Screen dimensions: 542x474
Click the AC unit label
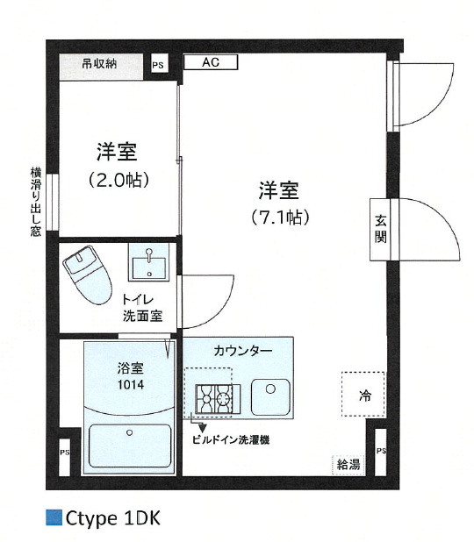(210, 62)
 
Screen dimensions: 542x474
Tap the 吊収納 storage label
(99, 64)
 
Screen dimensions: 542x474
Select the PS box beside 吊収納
(158, 65)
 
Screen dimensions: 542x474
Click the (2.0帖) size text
(117, 180)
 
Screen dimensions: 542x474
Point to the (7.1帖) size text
(280, 217)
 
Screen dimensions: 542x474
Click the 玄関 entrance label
(381, 229)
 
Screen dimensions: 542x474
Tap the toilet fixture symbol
(88, 272)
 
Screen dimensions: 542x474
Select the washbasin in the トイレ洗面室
(150, 262)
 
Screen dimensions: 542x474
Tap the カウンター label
(243, 351)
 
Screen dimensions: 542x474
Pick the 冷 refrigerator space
(363, 396)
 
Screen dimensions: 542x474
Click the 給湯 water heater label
(348, 464)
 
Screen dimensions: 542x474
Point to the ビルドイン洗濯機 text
(231, 440)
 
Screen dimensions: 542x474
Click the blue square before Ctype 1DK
(53, 518)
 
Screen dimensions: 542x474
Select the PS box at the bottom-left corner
(64, 453)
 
